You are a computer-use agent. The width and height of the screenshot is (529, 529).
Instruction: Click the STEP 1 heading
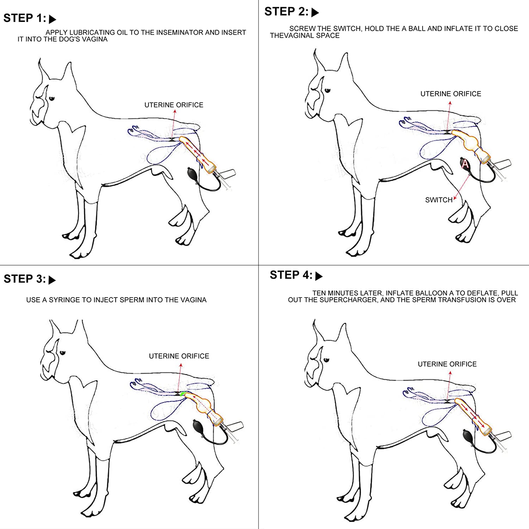pos(25,18)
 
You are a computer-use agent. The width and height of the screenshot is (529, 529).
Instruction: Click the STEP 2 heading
pos(286,12)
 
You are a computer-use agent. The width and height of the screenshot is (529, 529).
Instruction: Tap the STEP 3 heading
pos(25,279)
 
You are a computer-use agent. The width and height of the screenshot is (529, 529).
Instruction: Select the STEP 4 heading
pos(291,275)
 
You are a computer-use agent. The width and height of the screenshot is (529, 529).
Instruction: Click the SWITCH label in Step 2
pos(438,200)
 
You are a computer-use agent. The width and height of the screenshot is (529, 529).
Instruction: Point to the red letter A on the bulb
pos(465,164)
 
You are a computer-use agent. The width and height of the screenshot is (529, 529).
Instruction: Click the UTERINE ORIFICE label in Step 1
pos(174,105)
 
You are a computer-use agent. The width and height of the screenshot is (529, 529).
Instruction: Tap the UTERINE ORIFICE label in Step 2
pos(450,94)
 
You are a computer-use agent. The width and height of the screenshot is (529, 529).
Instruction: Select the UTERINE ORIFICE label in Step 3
pos(179,356)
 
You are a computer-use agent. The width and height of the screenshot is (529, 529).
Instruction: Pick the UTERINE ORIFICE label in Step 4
pos(447,364)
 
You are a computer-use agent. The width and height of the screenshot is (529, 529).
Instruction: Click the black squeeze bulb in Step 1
pos(193,174)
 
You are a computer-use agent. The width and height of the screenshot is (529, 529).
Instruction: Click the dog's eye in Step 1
pos(51,98)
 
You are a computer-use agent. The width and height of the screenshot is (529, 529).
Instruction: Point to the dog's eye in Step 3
pos(62,353)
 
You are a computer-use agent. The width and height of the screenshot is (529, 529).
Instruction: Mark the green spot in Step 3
pos(183,394)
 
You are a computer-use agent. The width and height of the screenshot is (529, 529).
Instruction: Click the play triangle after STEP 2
pos(315,12)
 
